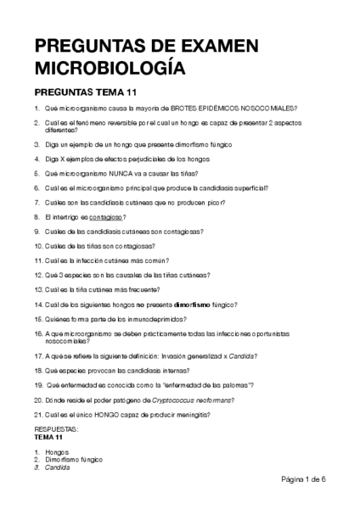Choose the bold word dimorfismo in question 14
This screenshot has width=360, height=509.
(x=194, y=303)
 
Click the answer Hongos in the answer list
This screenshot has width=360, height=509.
(x=56, y=452)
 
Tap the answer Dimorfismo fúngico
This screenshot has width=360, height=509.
(x=73, y=459)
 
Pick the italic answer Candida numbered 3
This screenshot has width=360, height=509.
(x=58, y=467)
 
